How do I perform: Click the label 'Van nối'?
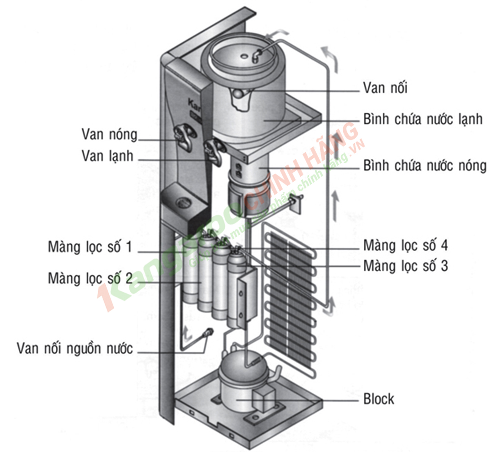click(385, 88)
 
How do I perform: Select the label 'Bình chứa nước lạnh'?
click(422, 119)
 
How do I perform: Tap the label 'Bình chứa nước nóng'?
click(424, 166)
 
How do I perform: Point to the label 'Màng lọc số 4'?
click(405, 245)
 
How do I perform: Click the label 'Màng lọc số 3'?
click(405, 266)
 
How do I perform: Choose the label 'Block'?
click(378, 399)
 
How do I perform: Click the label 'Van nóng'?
click(109, 134)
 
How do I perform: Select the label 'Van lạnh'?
click(107, 156)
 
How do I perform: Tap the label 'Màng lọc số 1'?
click(89, 247)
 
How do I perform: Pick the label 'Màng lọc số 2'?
click(90, 278)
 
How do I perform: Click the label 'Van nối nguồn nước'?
click(75, 348)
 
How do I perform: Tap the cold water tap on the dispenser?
click(215, 151)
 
